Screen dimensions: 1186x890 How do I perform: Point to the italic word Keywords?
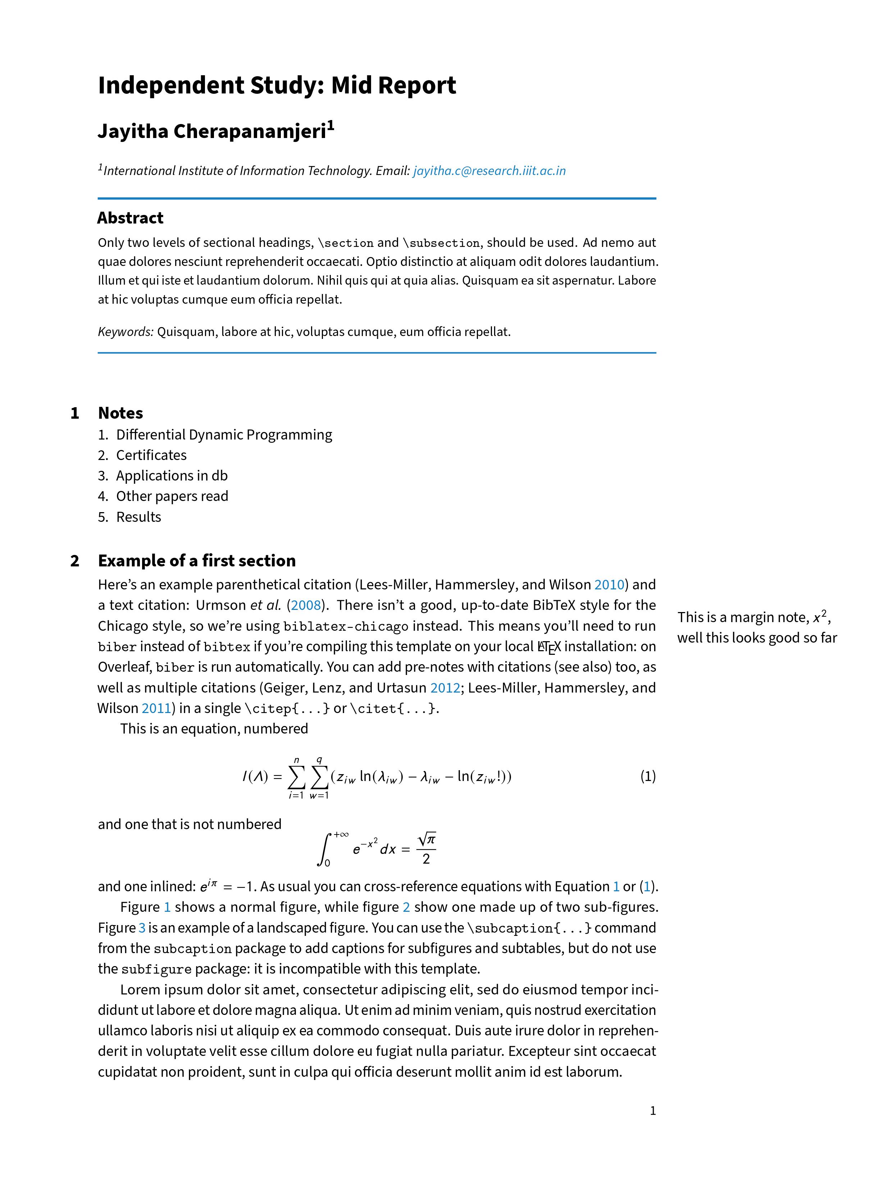click(x=125, y=332)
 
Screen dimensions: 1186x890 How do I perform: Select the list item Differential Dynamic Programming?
click(x=224, y=435)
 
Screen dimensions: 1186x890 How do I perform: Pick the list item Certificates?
click(x=151, y=455)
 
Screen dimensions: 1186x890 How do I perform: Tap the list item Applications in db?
click(x=172, y=476)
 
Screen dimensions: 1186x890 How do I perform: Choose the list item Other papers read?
click(x=172, y=496)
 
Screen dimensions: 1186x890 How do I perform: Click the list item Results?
click(x=138, y=517)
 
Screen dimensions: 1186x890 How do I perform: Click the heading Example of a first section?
click(x=196, y=561)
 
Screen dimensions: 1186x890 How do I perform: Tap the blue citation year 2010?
click(x=609, y=585)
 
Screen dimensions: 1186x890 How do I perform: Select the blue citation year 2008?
click(x=306, y=605)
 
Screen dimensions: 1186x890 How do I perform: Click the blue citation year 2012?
click(x=445, y=688)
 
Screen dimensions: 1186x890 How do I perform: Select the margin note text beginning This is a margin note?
click(x=757, y=627)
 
